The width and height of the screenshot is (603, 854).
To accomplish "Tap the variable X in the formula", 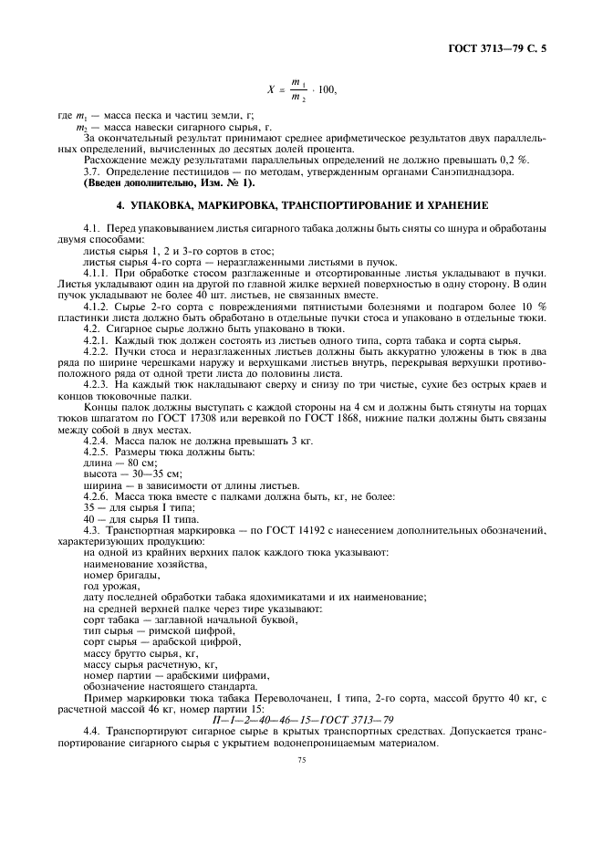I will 271,90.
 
